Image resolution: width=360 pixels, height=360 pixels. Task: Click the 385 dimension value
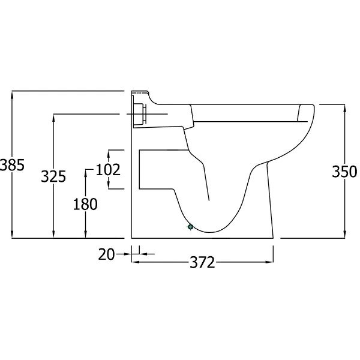tap(12, 165)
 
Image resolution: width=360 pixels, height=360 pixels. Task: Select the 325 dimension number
tap(53, 176)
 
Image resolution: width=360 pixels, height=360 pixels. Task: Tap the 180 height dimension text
tap(85, 204)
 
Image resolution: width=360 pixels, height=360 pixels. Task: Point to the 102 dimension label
tap(109, 170)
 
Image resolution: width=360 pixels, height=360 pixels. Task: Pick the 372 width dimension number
tap(203, 263)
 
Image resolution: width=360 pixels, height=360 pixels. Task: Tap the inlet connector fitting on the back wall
tap(140, 113)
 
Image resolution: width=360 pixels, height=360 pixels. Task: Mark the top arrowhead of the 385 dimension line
tap(12, 94)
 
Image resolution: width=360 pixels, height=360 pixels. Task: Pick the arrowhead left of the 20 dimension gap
tap(128, 254)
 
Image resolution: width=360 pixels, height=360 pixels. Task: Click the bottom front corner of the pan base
tap(274, 238)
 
